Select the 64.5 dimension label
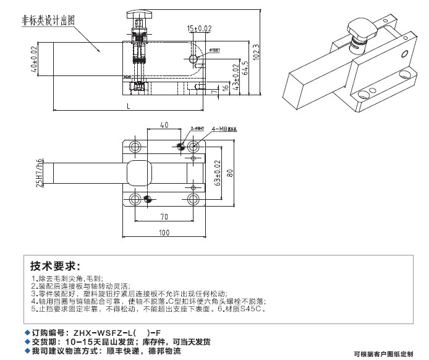tap(244, 64)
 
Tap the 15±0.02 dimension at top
tap(199, 28)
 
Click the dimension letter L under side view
tap(128, 106)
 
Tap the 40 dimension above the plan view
tap(164, 125)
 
